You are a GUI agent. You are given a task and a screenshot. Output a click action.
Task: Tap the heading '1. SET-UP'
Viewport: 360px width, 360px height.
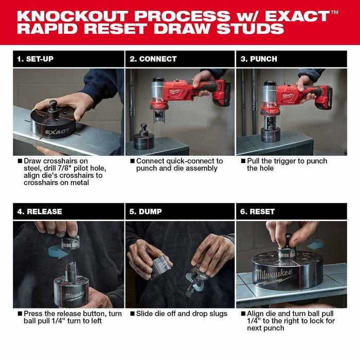[35, 59]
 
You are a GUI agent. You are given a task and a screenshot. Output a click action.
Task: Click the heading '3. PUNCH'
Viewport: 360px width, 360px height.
[259, 59]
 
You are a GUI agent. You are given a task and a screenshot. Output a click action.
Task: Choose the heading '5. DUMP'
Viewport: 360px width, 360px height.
[147, 211]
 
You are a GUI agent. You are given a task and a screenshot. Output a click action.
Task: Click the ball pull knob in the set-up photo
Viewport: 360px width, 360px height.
[52, 105]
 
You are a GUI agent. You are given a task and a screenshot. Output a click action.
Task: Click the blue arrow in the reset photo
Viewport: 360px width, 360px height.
[315, 244]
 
